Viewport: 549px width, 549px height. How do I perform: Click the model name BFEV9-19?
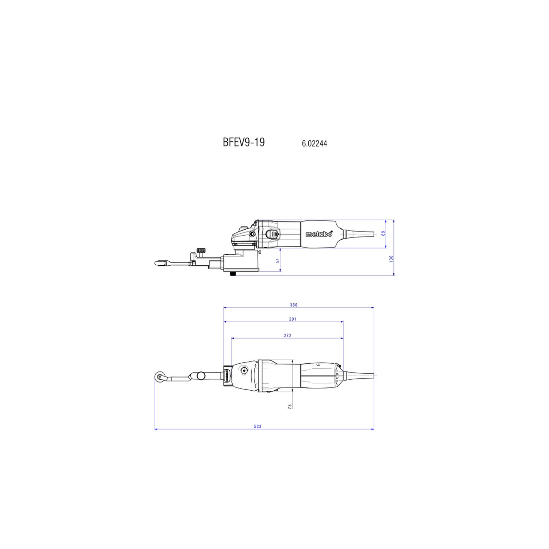pos(244,142)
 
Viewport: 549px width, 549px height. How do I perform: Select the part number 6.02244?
pos(314,144)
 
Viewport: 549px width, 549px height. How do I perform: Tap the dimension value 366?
pos(294,305)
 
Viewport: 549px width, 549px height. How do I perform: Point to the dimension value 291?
pos(293,319)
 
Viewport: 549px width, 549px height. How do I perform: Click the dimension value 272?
pos(288,335)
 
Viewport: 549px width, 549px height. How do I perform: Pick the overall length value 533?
pos(258,434)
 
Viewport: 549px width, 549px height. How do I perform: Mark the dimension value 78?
pos(290,406)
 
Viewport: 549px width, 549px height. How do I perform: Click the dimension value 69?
pos(383,233)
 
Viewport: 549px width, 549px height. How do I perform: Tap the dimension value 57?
pos(278,261)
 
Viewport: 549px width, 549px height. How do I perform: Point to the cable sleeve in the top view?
pos(360,375)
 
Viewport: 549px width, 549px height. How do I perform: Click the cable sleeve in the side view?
pos(359,234)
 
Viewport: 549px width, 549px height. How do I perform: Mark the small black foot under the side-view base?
pos(233,274)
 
